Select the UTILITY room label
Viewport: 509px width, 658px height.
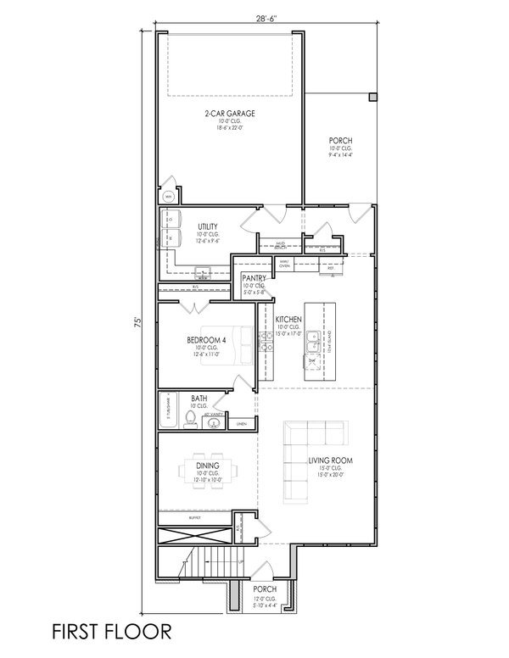pos(208,226)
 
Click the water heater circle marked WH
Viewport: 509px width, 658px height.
pos(168,196)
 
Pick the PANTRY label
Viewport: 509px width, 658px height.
pos(254,278)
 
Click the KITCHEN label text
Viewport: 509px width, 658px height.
pos(288,319)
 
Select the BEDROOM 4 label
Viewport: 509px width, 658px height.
pos(206,341)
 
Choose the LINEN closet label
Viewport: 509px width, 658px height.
pos(241,422)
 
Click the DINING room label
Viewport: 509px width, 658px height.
pos(207,465)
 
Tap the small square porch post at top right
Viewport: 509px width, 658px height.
pos(372,98)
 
